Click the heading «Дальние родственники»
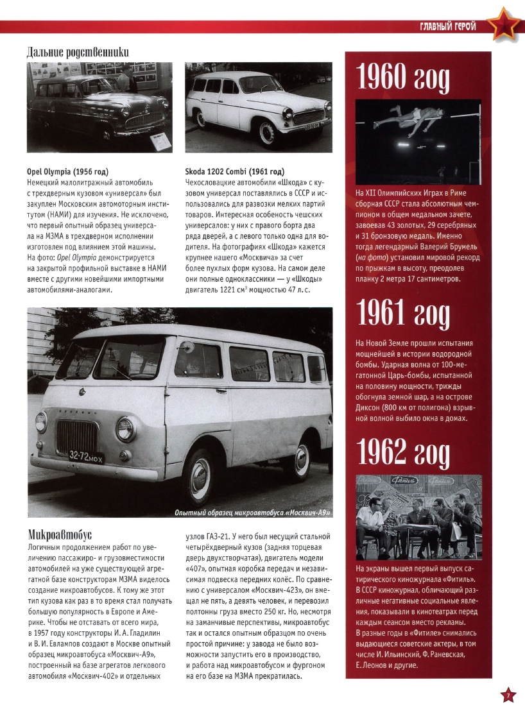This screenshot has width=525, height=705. (x=78, y=51)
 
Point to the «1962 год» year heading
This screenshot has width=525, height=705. (x=403, y=454)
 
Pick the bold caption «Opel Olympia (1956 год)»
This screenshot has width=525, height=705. (x=67, y=172)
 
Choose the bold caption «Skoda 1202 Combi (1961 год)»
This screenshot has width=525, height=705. (x=234, y=172)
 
